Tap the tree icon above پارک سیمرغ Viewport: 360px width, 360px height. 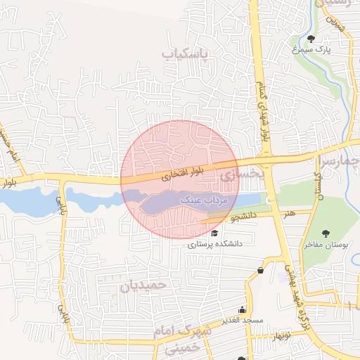312,38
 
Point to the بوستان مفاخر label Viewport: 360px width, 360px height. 326,245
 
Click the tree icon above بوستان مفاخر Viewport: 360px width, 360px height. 326,233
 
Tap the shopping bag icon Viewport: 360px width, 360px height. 261,270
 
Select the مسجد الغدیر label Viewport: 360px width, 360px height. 243,321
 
